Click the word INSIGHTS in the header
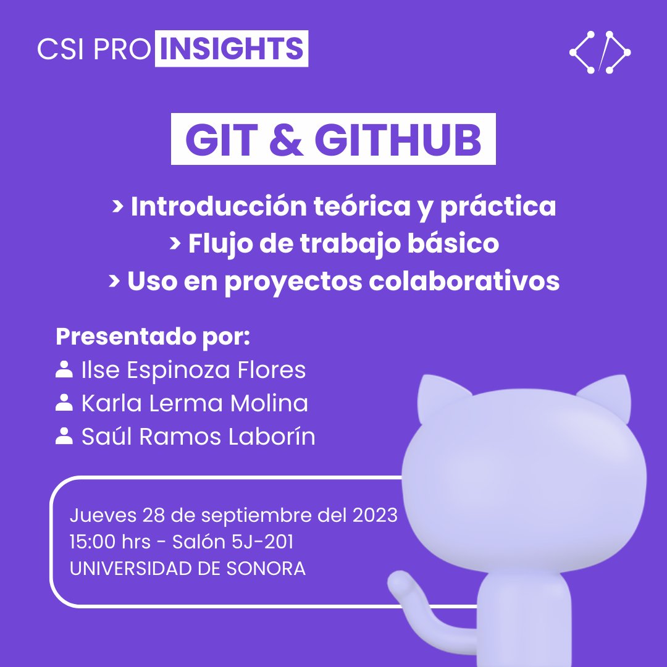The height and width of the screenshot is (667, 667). click(232, 49)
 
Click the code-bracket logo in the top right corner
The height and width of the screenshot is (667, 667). click(600, 52)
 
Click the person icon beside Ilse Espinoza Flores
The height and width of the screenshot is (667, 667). click(63, 369)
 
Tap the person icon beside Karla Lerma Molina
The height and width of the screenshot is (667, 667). click(63, 403)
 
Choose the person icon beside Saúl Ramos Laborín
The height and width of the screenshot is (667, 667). click(63, 437)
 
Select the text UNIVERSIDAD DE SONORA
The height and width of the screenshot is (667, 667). click(187, 568)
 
